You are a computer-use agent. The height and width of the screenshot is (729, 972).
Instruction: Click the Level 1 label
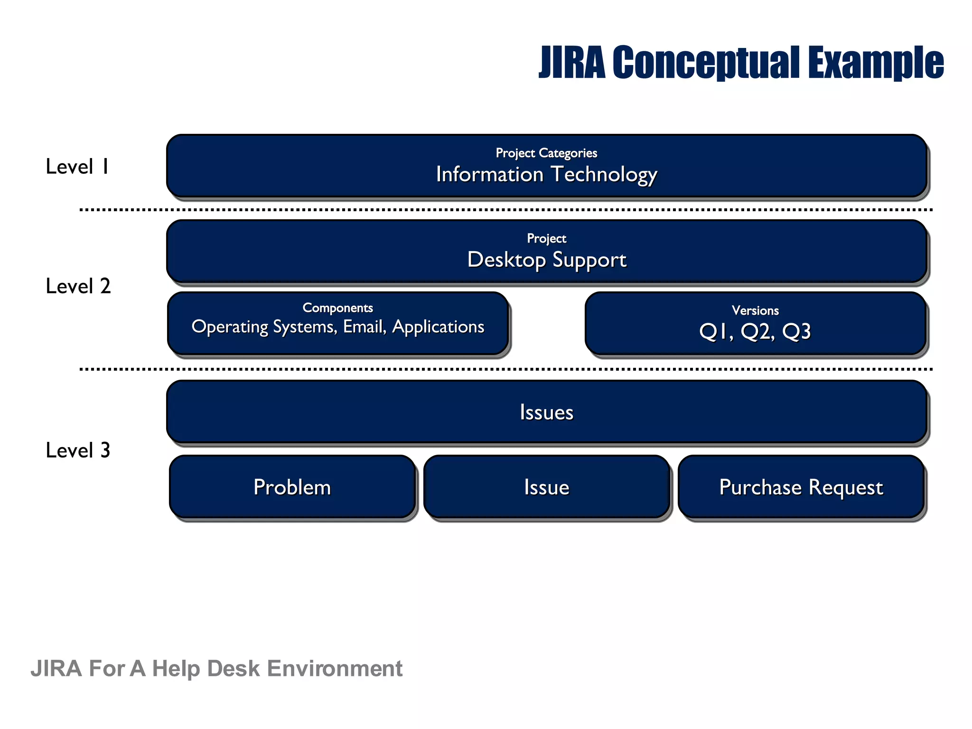77,167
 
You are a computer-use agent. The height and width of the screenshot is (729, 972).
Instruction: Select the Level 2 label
78,286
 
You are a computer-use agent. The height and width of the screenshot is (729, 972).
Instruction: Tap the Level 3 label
78,450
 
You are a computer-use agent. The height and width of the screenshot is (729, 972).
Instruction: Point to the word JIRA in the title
572,63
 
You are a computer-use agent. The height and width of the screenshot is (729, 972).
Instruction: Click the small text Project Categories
546,153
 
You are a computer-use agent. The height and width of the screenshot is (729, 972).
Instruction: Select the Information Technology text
546,175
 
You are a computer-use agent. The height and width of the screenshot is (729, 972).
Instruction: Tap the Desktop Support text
547,260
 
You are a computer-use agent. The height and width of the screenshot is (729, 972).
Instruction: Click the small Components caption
337,308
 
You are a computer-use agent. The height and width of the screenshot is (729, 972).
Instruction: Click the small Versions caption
755,310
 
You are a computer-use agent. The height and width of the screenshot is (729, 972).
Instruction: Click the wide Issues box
547,412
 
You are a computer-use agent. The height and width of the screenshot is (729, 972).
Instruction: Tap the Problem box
292,487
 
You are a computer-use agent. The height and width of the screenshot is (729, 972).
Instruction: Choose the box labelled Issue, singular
547,487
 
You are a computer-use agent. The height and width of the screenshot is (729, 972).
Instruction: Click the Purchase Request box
801,487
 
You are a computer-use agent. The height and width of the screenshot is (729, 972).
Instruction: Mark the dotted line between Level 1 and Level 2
506,209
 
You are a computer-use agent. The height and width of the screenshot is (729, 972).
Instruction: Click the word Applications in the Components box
438,327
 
